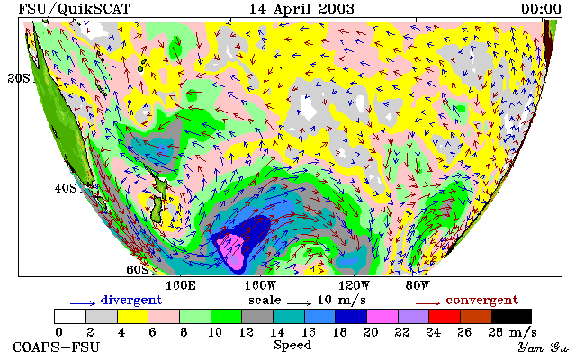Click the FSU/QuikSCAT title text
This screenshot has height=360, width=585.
click(x=75, y=9)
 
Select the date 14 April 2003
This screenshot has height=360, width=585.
click(x=301, y=9)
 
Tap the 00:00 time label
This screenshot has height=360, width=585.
click(x=541, y=9)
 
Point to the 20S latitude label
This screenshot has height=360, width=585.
click(x=20, y=78)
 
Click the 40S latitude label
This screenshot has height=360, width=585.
click(x=66, y=188)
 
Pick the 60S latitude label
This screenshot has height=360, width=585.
click(x=138, y=269)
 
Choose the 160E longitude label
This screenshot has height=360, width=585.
click(x=181, y=286)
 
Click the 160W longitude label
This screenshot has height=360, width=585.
click(x=260, y=286)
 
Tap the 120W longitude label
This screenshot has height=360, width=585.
click(x=354, y=286)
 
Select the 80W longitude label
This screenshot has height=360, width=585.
click(x=418, y=286)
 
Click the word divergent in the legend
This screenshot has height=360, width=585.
click(x=131, y=301)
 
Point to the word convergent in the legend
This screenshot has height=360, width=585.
click(x=482, y=301)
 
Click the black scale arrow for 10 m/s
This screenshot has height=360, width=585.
click(x=299, y=303)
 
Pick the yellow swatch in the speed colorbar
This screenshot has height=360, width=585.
click(x=133, y=317)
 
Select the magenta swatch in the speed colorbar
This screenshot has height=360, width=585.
click(x=382, y=317)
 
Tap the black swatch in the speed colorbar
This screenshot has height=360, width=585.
click(x=511, y=317)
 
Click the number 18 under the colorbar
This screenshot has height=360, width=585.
click(x=340, y=332)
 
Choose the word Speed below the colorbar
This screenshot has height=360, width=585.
click(x=292, y=346)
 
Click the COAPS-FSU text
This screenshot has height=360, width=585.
click(x=57, y=347)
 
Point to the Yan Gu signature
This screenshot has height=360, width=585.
click(x=544, y=347)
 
